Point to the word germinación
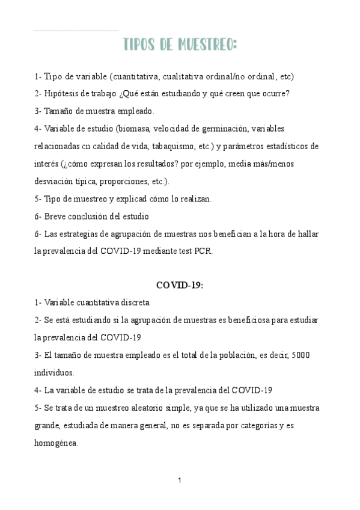(225, 129)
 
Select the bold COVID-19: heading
(180, 286)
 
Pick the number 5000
(300, 355)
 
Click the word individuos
(54, 373)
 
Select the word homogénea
(56, 443)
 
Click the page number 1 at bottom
(180, 480)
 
